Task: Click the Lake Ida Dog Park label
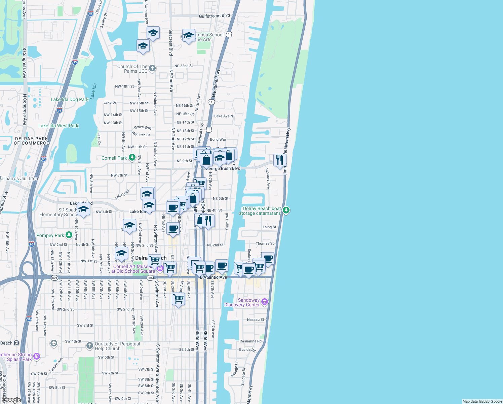(x=70, y=99)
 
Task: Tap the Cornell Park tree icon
(x=132, y=158)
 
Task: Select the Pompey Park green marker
(x=69, y=235)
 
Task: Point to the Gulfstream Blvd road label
(x=215, y=16)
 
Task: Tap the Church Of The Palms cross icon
(x=152, y=68)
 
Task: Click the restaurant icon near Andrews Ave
(x=280, y=160)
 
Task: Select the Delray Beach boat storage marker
(x=286, y=210)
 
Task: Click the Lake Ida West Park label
(x=58, y=126)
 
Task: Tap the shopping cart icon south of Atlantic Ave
(x=178, y=298)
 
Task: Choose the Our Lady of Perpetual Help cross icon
(x=89, y=345)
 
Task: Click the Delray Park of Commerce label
(x=32, y=141)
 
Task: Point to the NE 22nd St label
(x=184, y=66)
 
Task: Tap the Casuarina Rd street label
(x=250, y=341)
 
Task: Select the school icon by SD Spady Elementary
(x=83, y=209)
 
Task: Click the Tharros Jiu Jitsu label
(x=21, y=178)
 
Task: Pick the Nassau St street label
(x=256, y=319)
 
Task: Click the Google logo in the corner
(x=11, y=400)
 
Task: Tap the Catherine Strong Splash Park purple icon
(x=37, y=356)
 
